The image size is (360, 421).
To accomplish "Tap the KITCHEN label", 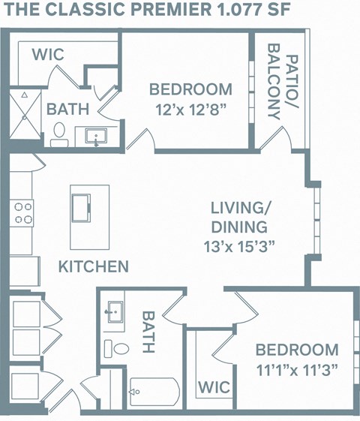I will [x=94, y=266].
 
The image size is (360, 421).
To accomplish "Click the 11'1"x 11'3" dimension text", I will [x=297, y=368].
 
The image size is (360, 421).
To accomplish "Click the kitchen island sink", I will [x=80, y=205].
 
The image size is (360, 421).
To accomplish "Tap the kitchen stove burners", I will [x=22, y=213].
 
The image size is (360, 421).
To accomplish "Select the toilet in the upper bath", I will [x=60, y=136].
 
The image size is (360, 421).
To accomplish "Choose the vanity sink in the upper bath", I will [x=97, y=137].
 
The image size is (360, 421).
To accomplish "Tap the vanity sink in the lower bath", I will [x=115, y=312].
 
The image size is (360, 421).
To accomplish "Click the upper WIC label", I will [x=47, y=55].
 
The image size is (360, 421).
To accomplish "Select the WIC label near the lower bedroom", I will [x=214, y=387].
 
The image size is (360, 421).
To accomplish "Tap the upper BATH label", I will [x=67, y=109].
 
